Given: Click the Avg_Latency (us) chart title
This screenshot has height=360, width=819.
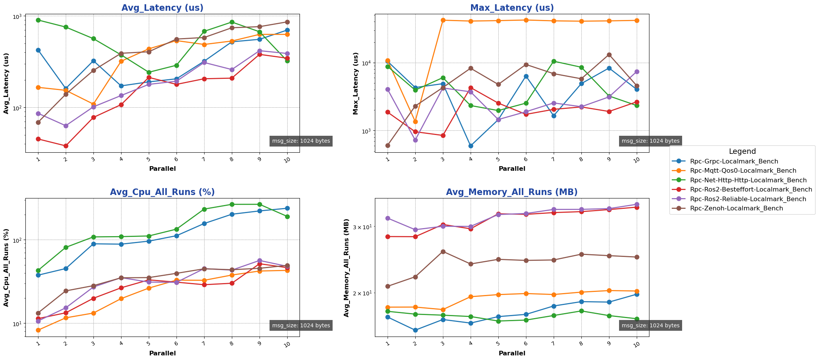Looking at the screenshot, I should click(x=162, y=8).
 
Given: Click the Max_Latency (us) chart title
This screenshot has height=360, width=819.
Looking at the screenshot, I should click(x=512, y=8).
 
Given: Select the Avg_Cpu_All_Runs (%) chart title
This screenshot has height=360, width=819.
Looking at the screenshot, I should click(x=162, y=192).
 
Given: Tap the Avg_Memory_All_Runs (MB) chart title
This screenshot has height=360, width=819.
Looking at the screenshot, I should click(x=512, y=192).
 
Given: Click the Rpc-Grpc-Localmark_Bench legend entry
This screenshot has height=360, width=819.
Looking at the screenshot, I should click(x=734, y=162).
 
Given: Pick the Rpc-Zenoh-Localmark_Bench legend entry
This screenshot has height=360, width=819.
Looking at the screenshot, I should click(x=736, y=208).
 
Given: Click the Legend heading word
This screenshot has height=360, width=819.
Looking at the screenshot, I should click(x=742, y=152).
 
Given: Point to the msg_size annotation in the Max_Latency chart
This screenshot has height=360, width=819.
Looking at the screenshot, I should click(x=650, y=141).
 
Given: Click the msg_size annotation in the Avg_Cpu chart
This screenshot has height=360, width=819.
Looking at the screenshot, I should click(x=301, y=326).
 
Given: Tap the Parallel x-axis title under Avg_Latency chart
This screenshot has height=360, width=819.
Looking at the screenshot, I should click(x=162, y=169).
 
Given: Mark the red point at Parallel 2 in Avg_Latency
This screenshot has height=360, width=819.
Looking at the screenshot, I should click(x=66, y=146).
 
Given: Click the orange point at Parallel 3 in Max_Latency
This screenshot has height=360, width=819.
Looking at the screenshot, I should click(x=443, y=20).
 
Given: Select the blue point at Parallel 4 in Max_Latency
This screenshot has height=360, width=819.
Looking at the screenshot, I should click(x=471, y=146).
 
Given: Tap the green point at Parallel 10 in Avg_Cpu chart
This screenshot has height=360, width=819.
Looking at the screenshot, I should click(x=287, y=217).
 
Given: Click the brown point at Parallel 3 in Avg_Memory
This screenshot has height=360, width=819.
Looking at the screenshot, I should click(x=443, y=252).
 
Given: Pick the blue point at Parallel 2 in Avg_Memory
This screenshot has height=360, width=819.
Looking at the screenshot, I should click(x=415, y=330).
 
